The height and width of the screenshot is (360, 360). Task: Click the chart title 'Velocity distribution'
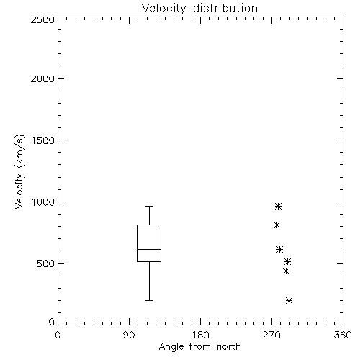pos(199,8)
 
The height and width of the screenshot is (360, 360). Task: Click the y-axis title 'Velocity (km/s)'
pos(19,171)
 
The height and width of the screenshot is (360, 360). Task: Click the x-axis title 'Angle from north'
pos(199,346)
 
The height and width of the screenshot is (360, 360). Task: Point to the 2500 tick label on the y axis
pos(42,19)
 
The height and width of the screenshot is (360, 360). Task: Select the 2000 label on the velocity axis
pos(42,78)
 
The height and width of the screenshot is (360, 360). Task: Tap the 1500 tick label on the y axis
pos(43,140)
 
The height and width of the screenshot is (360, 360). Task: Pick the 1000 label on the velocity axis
pos(43,202)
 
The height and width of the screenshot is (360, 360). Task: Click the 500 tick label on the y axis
pos(46,264)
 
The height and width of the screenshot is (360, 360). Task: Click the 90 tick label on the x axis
pos(129,335)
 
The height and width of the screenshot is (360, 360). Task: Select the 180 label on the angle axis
pos(200,335)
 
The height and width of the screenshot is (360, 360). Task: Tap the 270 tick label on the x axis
pos(271,335)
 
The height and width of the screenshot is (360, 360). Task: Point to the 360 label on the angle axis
pos(343,335)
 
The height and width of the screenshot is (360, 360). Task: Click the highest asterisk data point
pos(278,206)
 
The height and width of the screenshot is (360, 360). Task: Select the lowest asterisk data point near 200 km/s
pos(289,300)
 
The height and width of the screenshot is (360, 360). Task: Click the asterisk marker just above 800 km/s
pos(277,225)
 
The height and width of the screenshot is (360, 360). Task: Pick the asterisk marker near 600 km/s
pos(279,249)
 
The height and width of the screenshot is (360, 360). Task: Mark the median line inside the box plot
pos(149,249)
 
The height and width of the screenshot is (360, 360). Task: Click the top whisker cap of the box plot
pos(149,206)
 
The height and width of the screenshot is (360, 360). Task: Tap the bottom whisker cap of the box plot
pos(149,300)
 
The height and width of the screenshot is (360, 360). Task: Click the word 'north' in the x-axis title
pos(229,346)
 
